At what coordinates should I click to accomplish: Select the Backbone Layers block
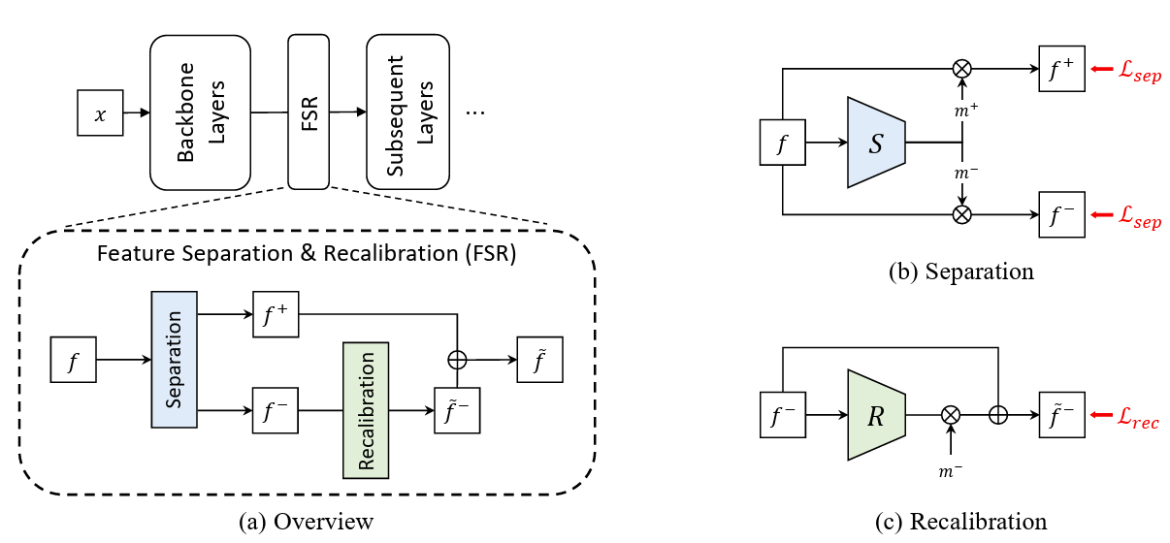coord(200,112)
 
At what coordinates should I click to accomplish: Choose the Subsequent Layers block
coord(407,112)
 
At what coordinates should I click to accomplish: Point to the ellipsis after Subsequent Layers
coord(475,112)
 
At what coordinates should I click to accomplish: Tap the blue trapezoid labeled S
coord(876,142)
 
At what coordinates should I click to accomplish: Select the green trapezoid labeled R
coord(876,414)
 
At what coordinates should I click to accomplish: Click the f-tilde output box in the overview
coord(540,360)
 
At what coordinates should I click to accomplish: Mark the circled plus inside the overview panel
coord(457,360)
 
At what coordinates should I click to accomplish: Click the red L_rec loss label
coord(1133,422)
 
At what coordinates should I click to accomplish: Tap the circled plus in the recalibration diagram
coord(996,414)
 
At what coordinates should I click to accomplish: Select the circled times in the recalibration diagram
coord(951,414)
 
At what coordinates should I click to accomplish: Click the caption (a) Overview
coord(306,522)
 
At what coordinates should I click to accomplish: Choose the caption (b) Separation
coord(960,271)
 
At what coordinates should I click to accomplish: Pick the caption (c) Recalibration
coord(960,522)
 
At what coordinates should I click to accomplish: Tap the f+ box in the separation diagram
coord(1061,69)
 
